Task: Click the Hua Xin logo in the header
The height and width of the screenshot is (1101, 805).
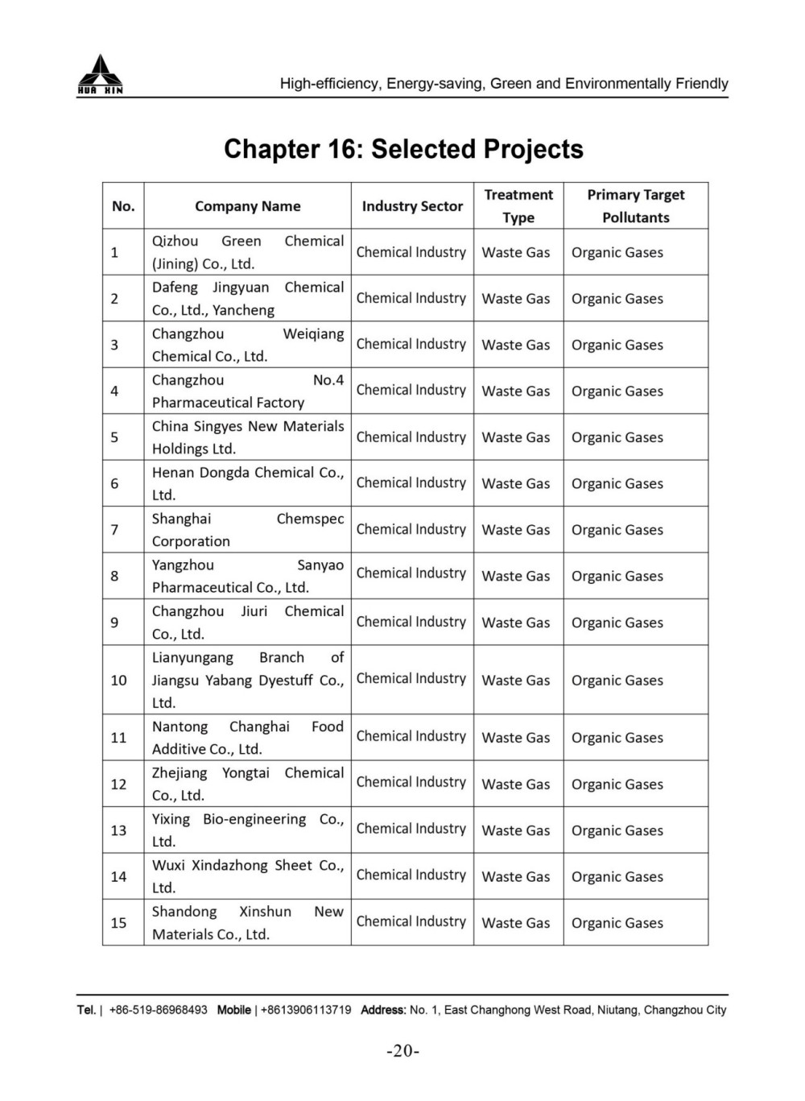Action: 100,75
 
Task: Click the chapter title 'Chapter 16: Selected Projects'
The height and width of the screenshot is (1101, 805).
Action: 403,149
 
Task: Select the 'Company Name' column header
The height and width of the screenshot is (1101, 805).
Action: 247,206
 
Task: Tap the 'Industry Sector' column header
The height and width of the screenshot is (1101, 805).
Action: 412,206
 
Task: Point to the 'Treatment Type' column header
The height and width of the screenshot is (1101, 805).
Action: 518,206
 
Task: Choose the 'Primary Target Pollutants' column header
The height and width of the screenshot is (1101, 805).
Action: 635,206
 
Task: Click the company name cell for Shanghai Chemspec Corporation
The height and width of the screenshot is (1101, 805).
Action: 247,530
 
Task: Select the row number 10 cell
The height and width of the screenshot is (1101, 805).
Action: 118,680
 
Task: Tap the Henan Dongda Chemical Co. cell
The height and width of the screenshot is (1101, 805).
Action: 247,483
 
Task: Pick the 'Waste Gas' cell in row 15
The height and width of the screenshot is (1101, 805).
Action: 516,923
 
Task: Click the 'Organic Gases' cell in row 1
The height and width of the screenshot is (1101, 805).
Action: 617,253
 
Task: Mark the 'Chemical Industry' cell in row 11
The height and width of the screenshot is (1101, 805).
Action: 411,737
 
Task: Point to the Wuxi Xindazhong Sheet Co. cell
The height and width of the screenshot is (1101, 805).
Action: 247,876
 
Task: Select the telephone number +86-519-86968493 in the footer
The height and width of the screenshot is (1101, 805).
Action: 159,1010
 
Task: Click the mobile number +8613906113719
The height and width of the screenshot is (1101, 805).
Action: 303,1010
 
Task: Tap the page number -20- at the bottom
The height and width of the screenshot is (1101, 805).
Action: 403,1051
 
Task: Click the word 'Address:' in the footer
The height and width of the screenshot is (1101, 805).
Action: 383,1010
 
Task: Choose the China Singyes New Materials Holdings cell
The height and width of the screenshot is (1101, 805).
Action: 247,437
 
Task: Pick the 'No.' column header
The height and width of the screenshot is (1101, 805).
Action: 123,206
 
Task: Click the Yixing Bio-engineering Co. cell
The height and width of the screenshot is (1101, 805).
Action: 247,830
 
